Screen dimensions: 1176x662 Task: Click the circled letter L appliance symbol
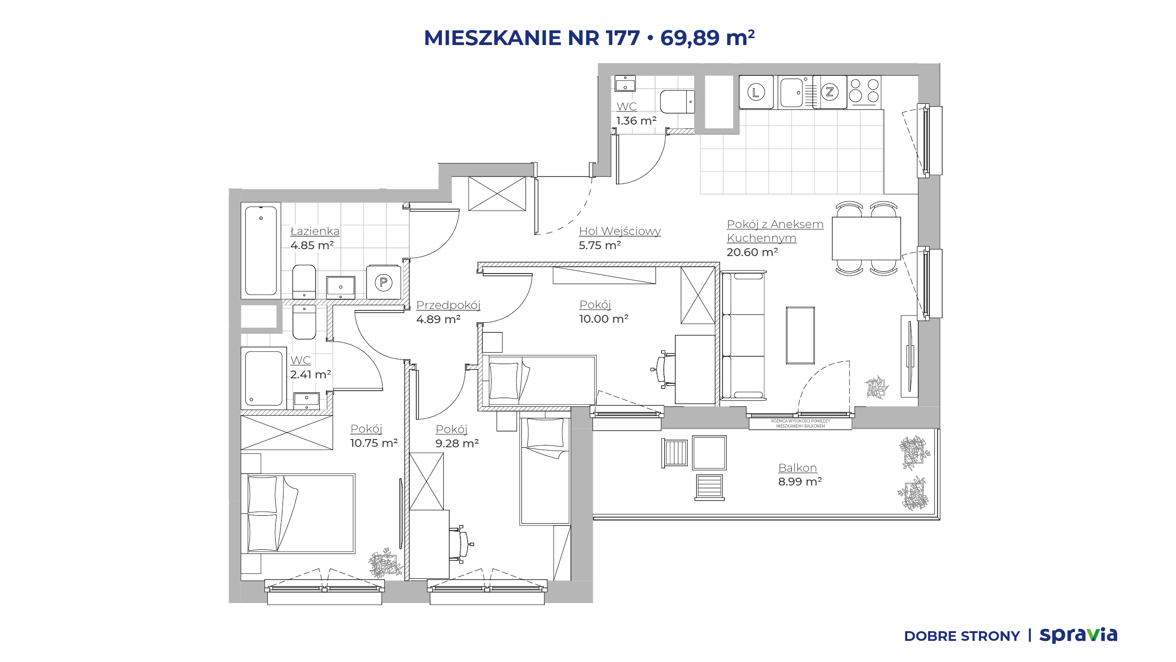756,92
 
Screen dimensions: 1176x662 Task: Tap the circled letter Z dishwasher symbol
830,92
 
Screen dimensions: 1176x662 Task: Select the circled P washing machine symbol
384,282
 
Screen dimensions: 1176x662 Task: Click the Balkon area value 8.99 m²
800,482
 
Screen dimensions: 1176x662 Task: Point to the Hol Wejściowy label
620,231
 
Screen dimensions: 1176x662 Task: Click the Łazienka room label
315,231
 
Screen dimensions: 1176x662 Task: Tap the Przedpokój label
448,305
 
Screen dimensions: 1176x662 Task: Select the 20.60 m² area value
752,252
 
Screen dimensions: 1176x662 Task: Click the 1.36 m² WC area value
636,121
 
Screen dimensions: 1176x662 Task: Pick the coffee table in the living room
800,336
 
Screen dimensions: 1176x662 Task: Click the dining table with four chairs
866,239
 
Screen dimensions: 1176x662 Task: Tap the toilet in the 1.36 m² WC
677,102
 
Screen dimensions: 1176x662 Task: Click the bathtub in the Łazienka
261,251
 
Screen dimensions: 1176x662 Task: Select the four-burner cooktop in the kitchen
864,92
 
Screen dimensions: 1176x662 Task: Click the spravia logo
1079,635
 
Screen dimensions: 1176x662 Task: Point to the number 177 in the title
623,38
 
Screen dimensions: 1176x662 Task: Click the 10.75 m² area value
374,443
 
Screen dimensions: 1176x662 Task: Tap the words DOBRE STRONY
962,636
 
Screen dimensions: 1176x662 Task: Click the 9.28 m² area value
457,444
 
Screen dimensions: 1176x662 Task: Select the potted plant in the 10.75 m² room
385,563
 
